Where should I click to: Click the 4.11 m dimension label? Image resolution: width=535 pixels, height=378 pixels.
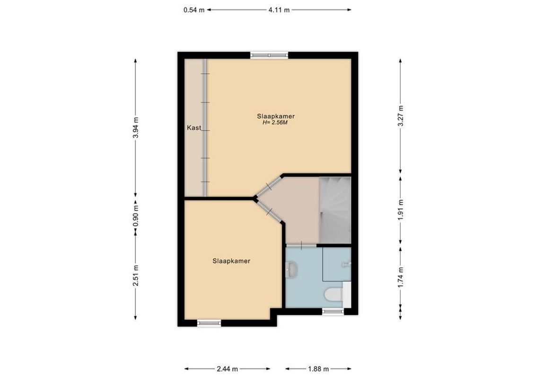click(279, 9)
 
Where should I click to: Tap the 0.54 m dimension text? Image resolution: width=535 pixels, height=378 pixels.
click(194, 9)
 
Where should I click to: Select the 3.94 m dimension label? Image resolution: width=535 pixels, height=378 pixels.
click(136, 128)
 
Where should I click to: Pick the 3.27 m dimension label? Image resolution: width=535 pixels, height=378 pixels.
click(400, 116)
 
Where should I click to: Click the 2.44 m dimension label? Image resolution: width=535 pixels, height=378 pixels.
click(228, 369)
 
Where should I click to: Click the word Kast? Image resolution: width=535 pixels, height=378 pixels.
click(194, 128)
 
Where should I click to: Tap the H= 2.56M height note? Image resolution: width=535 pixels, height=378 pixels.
click(275, 123)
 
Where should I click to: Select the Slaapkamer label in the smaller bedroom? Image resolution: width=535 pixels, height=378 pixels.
click(231, 260)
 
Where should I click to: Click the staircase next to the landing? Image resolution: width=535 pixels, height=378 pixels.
click(335, 208)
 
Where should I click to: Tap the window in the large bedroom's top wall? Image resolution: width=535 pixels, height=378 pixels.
click(269, 55)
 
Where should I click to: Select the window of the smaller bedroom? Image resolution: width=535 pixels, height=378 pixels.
click(209, 323)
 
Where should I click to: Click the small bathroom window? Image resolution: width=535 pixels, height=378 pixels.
click(333, 311)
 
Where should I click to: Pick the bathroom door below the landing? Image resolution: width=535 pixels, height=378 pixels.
click(301, 246)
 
